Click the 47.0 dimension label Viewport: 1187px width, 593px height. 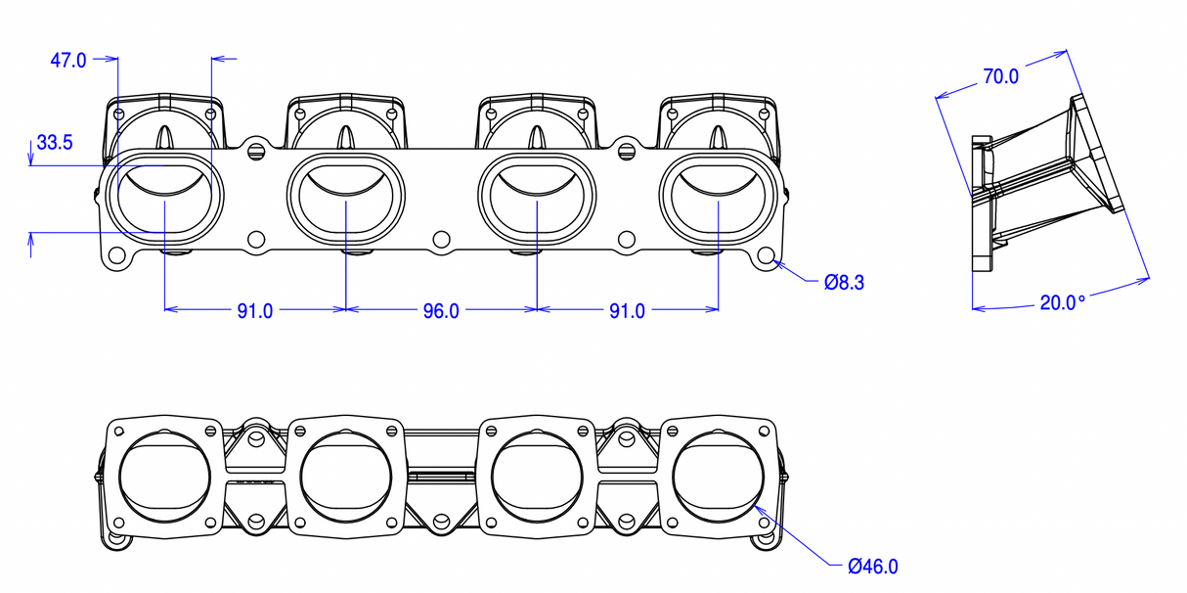(68, 61)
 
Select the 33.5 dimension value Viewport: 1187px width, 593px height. (55, 143)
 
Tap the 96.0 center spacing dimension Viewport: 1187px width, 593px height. (441, 311)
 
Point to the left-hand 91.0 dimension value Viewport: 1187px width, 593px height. (255, 311)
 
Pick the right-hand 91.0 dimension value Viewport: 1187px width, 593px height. (627, 311)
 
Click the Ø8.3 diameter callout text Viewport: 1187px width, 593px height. (844, 283)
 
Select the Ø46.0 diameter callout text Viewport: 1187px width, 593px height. (872, 566)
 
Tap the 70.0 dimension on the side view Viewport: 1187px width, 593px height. (1000, 76)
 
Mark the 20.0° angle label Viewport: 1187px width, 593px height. (1062, 303)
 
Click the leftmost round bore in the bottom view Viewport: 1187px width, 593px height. (165, 477)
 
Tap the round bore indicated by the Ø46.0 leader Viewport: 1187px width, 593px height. (719, 477)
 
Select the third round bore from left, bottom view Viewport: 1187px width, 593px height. (537, 477)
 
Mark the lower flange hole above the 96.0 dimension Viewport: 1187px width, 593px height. (441, 238)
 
